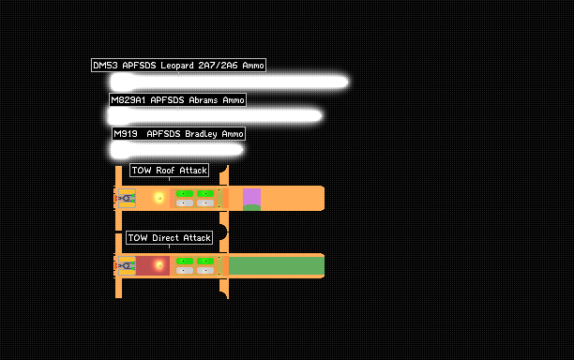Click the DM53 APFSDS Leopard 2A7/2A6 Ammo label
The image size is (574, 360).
pos(178,66)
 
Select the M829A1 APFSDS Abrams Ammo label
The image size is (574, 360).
pos(177,100)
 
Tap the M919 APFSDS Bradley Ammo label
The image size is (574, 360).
pos(178,134)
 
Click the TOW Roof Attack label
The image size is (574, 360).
pos(170,170)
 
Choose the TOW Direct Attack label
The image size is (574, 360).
pos(170,238)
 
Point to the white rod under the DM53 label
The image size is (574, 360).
pos(229,82)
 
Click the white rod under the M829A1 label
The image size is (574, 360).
pos(215,116)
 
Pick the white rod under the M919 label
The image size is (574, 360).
pos(177,150)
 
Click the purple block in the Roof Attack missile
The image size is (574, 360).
pos(252,197)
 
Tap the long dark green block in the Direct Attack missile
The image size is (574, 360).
pos(277,265)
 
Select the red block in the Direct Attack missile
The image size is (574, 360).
pos(153,265)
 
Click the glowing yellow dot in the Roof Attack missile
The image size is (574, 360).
pos(159,198)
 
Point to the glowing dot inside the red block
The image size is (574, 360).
pos(159,265)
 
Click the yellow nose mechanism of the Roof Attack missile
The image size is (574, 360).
pos(127,199)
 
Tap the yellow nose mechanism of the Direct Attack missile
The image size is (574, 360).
pos(127,265)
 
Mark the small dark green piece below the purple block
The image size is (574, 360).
pos(252,208)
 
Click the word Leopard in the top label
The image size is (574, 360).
pos(177,66)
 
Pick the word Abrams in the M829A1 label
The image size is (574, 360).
pos(204,100)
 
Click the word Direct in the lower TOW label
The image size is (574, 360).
pos(165,238)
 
